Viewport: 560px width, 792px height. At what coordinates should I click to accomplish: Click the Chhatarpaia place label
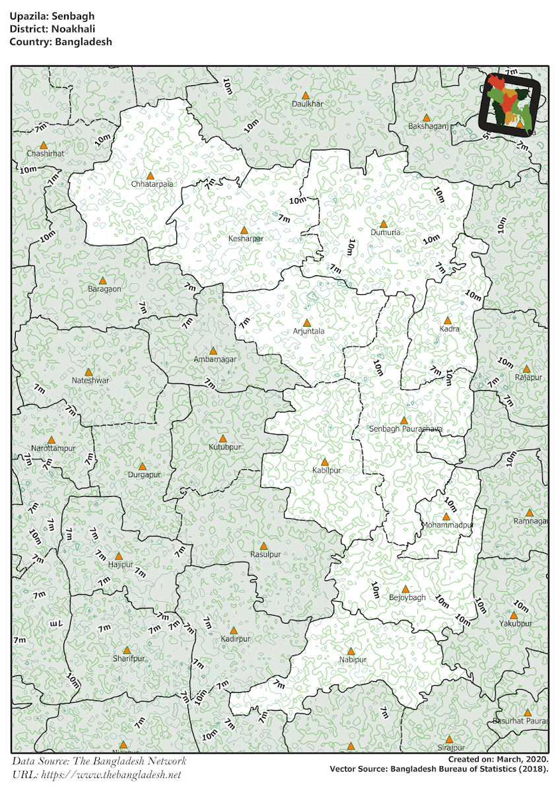[152, 184]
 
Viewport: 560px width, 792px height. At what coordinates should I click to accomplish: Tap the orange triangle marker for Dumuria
[383, 224]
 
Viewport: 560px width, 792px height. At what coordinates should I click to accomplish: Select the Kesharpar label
[246, 238]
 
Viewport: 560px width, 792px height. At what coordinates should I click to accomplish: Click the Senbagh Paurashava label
[405, 429]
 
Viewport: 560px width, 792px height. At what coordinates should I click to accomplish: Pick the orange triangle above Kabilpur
[324, 462]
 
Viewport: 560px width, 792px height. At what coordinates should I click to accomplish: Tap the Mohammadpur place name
[448, 525]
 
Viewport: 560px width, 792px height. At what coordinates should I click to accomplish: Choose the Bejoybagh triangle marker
[406, 589]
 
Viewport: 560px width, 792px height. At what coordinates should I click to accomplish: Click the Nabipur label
[352, 659]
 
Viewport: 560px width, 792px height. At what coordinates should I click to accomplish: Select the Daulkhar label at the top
[307, 104]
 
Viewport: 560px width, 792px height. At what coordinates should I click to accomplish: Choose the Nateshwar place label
[90, 381]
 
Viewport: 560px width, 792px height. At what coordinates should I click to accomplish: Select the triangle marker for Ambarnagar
[213, 350]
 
